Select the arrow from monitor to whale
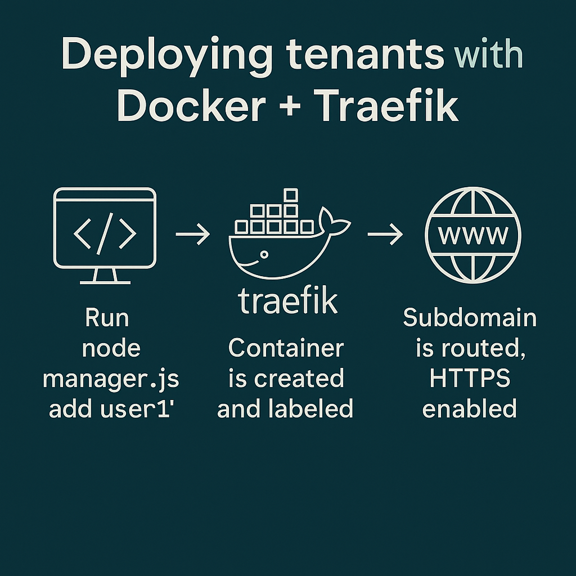click(x=192, y=233)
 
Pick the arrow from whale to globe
click(x=385, y=233)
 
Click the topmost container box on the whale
click(x=290, y=195)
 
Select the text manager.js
click(x=111, y=379)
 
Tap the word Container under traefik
click(x=286, y=348)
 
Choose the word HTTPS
click(x=470, y=379)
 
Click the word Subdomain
click(x=470, y=318)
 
